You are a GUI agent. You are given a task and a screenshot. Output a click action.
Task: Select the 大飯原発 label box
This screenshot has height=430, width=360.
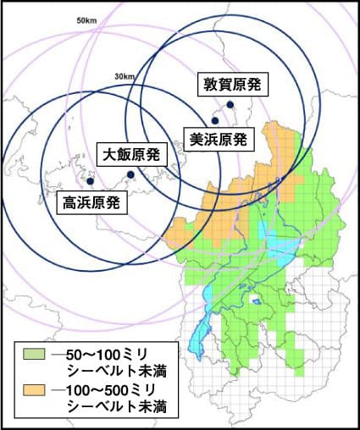[x=132, y=155]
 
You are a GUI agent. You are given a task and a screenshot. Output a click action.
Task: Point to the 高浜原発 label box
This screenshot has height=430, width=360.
[x=92, y=202]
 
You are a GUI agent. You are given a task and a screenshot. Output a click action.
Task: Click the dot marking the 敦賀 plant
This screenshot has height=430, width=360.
[x=229, y=104]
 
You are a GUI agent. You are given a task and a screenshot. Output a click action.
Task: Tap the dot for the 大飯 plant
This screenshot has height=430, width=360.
[x=130, y=174]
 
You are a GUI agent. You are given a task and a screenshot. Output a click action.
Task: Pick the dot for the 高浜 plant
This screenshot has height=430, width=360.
[x=90, y=180]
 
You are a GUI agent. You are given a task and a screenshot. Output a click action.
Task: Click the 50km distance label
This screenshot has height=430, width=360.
[x=86, y=19]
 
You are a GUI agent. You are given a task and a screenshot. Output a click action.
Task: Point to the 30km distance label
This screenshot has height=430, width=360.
[x=125, y=77]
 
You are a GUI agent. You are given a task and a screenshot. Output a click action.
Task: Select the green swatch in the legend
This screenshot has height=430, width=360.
[x=33, y=353]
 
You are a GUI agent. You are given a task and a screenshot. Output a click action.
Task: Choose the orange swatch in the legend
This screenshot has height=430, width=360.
[x=33, y=390]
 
